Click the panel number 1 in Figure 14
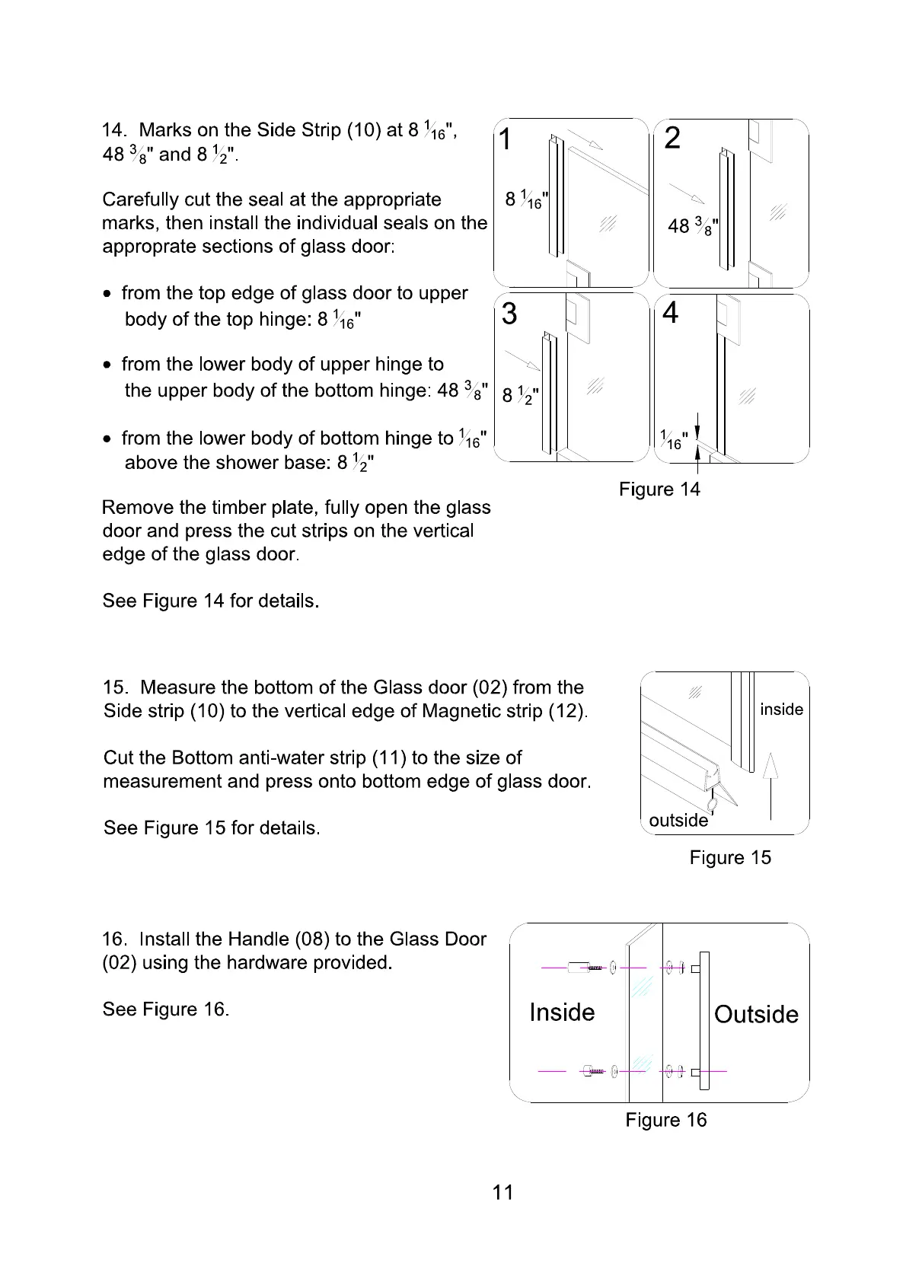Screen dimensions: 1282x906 (506, 140)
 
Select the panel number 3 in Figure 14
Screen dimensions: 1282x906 (509, 314)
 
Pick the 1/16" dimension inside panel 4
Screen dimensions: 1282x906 (674, 440)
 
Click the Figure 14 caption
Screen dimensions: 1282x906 (659, 490)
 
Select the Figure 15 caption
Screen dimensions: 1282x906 (730, 858)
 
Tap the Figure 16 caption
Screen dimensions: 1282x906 (666, 1120)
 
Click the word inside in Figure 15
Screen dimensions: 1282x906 (781, 710)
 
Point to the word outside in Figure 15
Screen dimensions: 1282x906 (678, 820)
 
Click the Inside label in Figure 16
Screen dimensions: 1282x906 (562, 1013)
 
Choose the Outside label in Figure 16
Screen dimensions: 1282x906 (756, 1014)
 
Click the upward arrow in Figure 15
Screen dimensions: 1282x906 (771, 784)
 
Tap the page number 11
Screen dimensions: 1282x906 (503, 1192)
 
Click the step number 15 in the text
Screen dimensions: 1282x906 (115, 687)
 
